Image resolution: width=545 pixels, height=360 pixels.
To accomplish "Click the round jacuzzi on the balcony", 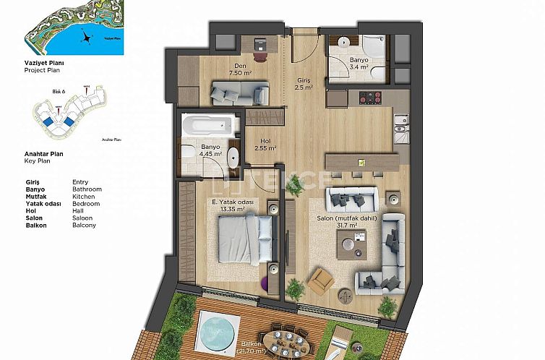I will click(213, 329).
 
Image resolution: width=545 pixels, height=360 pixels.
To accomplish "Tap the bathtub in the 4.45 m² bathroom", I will click(209, 125).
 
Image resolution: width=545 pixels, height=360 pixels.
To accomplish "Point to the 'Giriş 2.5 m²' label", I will click(304, 84).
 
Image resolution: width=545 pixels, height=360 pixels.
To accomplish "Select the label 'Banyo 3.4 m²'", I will click(359, 64).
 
